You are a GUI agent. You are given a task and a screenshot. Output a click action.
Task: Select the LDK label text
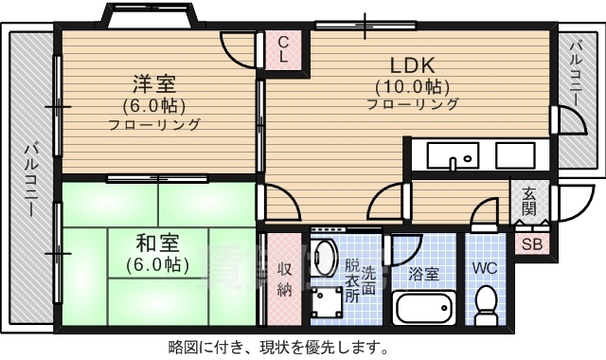(412, 65)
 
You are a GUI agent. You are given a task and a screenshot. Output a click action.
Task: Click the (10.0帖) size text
(412, 85)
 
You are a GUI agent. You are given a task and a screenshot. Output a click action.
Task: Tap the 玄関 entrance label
(528, 202)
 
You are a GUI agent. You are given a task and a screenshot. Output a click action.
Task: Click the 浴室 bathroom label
(423, 275)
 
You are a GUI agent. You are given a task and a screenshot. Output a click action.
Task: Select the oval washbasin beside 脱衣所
(325, 257)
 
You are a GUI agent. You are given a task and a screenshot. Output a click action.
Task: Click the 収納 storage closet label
(284, 279)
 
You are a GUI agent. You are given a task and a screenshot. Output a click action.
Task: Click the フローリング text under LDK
(412, 104)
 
